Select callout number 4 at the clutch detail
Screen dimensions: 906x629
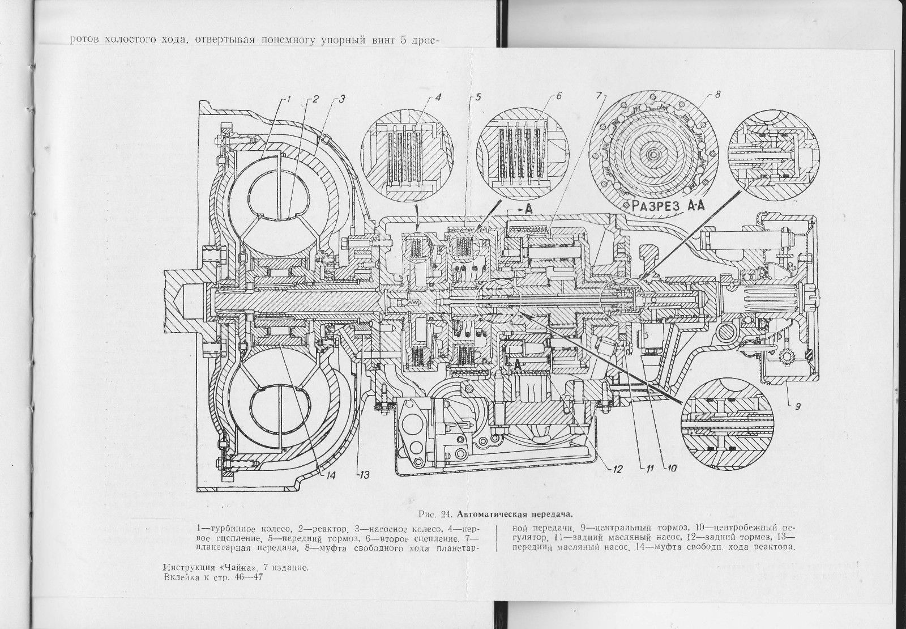pos(438,97)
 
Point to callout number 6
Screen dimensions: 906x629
pos(559,96)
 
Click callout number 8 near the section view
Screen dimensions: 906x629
pos(717,95)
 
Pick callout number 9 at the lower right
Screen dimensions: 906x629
pos(797,406)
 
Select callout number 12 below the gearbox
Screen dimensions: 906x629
pos(617,470)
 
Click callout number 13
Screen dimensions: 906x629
pos(364,475)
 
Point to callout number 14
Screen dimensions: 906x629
pos(331,475)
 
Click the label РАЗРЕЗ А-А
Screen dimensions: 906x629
pos(666,206)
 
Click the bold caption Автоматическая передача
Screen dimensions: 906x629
pos(515,515)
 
